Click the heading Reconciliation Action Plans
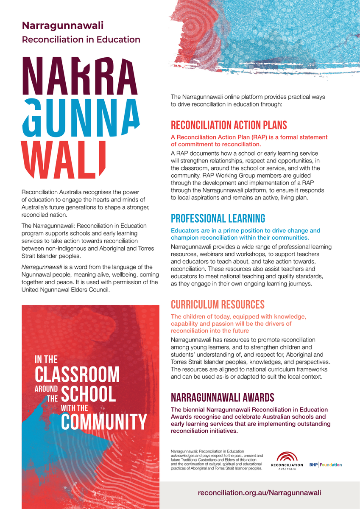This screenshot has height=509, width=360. point(229,125)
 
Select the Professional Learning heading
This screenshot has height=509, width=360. point(218,218)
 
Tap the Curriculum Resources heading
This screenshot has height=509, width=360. point(218,305)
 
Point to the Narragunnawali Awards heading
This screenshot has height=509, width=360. point(222,397)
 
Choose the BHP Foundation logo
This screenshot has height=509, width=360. point(325,465)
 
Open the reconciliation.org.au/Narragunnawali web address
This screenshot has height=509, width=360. point(259,493)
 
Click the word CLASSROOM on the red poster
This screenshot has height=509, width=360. point(77,374)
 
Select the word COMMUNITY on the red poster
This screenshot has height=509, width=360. point(104,422)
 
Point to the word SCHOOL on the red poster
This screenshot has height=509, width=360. point(88,394)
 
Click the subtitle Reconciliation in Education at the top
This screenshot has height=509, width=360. point(81,40)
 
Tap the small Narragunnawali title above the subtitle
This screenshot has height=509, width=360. point(62,25)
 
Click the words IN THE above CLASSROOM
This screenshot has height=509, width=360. point(46,360)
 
